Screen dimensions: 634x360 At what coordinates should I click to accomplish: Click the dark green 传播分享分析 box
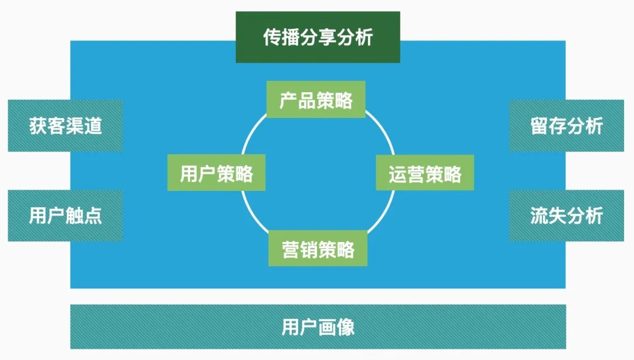coord(318,37)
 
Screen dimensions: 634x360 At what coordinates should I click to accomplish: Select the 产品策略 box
coord(316,99)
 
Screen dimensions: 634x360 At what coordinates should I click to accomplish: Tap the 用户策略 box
coord(216,173)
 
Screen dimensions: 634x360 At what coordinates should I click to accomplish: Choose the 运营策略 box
coord(425,173)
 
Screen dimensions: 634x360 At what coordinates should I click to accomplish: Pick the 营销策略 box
coord(318,248)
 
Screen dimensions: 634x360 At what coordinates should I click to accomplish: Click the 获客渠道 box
coord(66,126)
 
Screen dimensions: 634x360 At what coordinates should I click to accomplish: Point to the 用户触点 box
coord(66,216)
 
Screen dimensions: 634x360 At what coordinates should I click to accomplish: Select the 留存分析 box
coord(566,126)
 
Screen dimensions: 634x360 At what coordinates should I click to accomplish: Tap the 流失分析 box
coord(566,216)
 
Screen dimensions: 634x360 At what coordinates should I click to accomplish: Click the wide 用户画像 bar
coord(318,327)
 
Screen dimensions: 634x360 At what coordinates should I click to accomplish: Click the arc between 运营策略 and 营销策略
coord(384,214)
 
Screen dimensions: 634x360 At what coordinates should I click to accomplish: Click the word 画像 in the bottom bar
coord(336,327)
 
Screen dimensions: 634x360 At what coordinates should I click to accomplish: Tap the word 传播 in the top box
coord(281,37)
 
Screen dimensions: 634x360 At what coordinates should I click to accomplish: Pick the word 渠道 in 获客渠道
coord(84,126)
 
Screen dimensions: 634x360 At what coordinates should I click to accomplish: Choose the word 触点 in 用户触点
coord(84,216)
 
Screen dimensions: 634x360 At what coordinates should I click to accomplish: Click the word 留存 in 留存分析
coord(548,126)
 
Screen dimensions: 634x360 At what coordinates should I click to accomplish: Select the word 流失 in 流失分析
coord(548,216)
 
